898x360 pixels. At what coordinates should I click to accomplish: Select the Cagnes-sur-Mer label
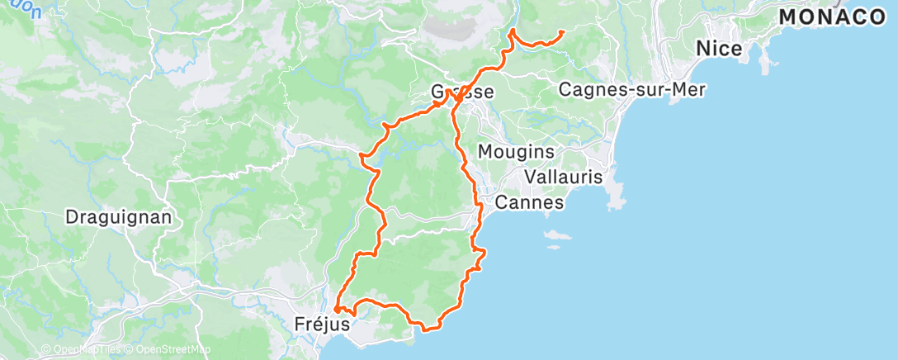(632, 89)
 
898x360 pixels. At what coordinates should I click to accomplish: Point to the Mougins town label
(516, 153)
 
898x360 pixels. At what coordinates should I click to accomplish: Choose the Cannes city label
(529, 202)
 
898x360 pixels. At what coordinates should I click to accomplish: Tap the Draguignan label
(118, 218)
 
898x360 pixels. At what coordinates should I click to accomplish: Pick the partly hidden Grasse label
(463, 92)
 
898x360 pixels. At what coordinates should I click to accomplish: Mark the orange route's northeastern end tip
(562, 32)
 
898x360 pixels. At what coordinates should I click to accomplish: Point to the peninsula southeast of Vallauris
(615, 195)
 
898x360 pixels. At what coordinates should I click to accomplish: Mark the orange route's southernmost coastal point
(427, 329)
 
